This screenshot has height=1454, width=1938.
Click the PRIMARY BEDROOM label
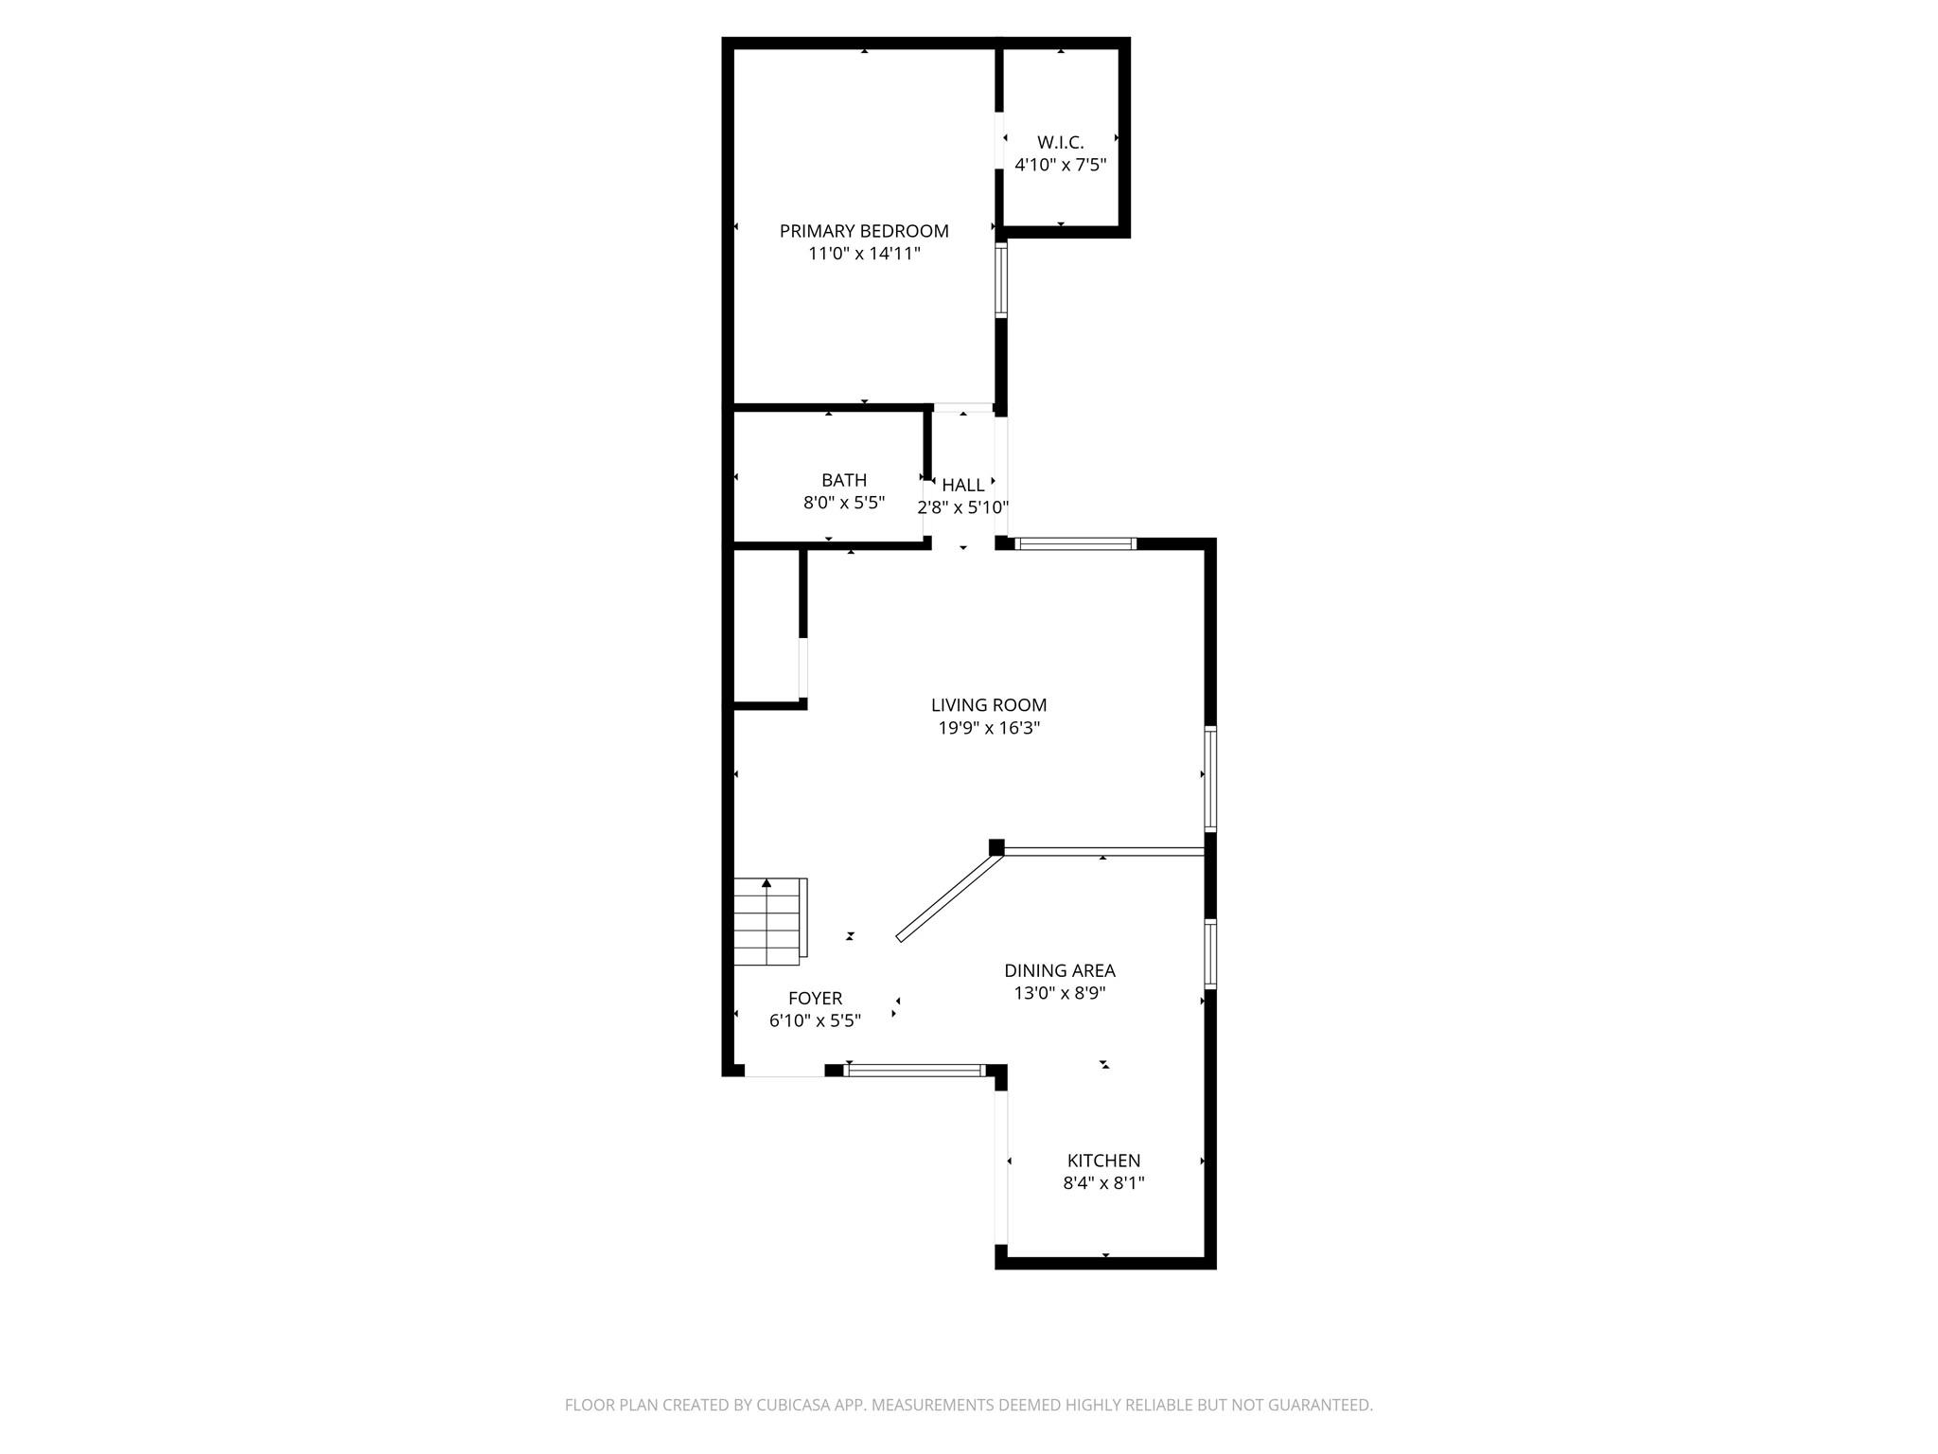[863, 231]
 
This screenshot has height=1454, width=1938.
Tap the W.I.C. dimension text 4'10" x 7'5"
[1060, 165]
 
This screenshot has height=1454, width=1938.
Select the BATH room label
[843, 480]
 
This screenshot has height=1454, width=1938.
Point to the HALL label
[962, 485]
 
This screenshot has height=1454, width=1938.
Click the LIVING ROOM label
[988, 704]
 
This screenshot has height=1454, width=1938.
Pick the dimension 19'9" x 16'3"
[988, 728]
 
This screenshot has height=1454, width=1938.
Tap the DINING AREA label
[1059, 970]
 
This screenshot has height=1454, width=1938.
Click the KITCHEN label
[1103, 1161]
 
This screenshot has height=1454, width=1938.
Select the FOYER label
[815, 998]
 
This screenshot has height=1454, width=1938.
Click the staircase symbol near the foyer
[769, 921]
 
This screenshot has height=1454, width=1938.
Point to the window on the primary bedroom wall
[1000, 279]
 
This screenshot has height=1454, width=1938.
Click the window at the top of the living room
[1075, 543]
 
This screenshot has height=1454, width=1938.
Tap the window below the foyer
[914, 1071]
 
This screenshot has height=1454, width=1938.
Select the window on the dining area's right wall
[1209, 953]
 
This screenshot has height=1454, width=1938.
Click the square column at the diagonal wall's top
[995, 846]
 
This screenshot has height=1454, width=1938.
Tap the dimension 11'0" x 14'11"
[863, 254]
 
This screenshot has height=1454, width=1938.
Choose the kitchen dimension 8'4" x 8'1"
[1103, 1182]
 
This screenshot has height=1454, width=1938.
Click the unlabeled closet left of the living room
[766, 627]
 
